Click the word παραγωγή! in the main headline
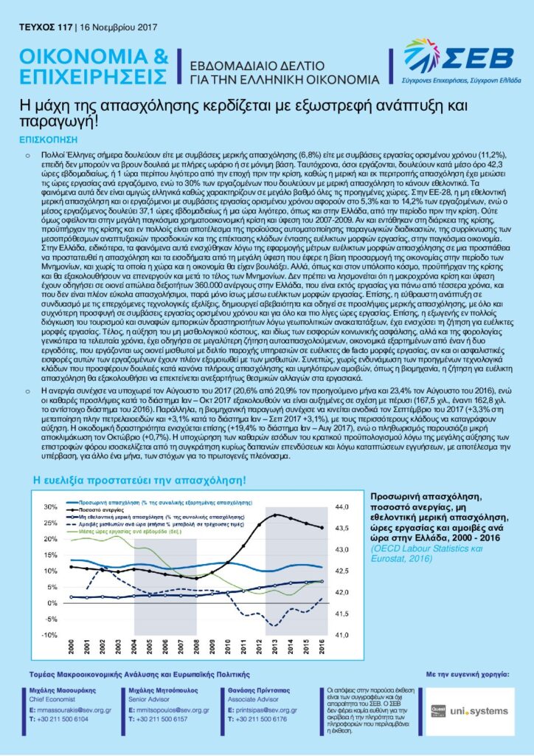click(54, 121)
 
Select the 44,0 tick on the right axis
click(343, 507)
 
